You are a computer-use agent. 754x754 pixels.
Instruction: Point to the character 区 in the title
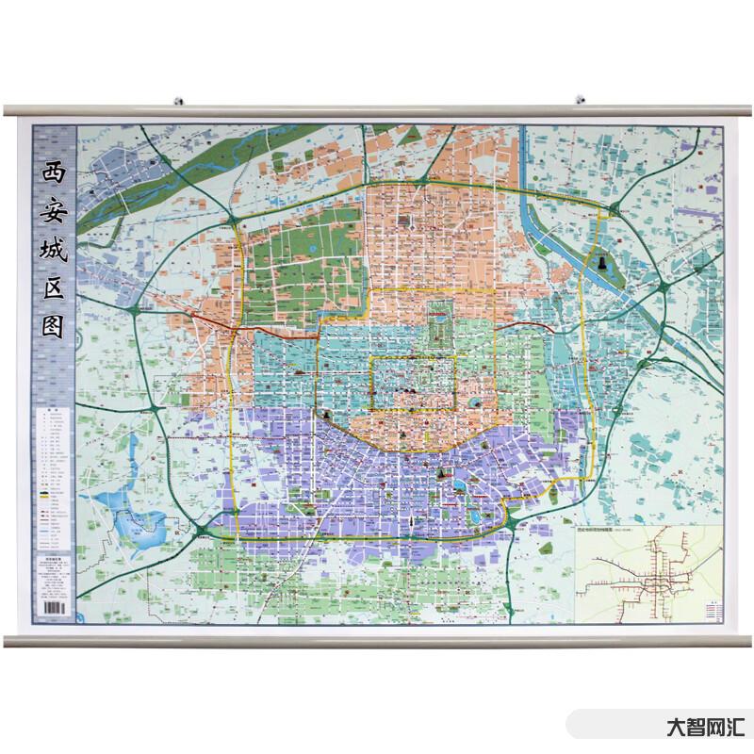click(x=53, y=289)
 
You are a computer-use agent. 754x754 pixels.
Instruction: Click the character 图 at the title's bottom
click(x=53, y=327)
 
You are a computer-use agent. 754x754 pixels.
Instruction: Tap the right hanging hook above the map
click(x=581, y=98)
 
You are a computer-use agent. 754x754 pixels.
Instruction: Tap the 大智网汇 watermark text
click(x=705, y=728)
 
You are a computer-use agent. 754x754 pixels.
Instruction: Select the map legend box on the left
click(x=54, y=481)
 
